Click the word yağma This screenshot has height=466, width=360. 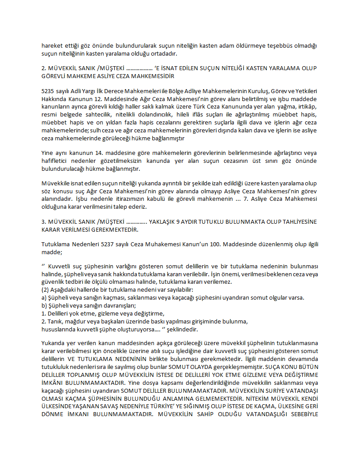pyautogui.click(x=277, y=107)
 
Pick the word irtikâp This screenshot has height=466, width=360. pyautogui.click(x=305, y=107)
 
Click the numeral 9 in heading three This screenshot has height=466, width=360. pyautogui.click(x=176, y=222)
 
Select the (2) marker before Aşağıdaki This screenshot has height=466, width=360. pyautogui.click(x=45, y=290)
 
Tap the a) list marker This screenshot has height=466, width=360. pyautogui.click(x=44, y=297)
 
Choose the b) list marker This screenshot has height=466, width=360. pyautogui.click(x=44, y=305)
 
